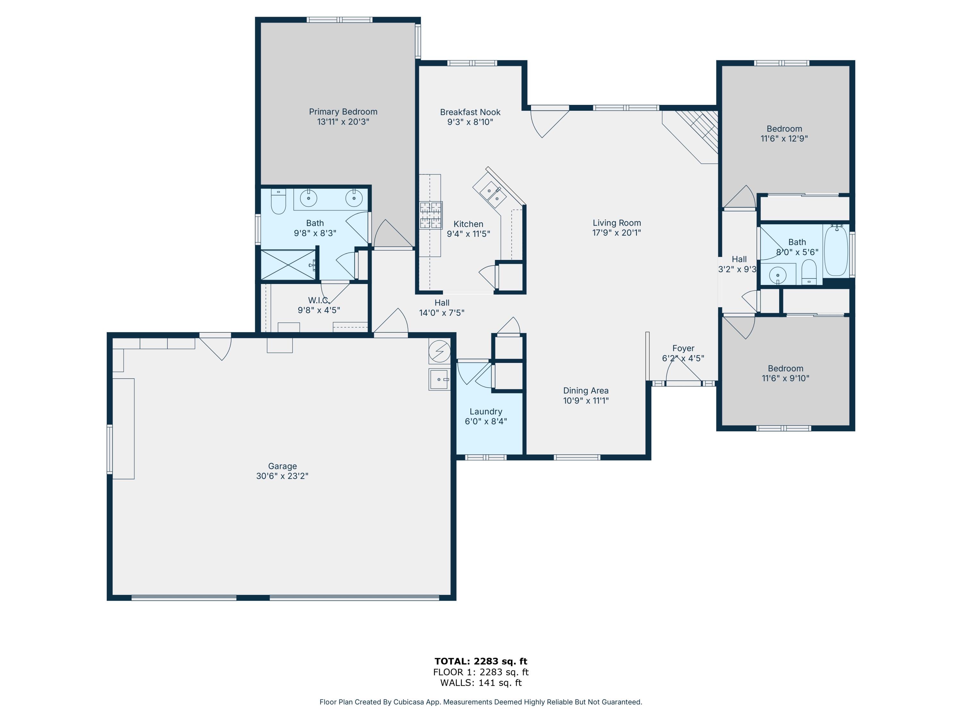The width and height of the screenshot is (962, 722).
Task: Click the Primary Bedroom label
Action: pos(343,112)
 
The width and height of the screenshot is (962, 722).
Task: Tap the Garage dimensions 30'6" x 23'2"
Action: pos(282,476)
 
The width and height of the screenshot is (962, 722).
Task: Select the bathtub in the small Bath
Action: pos(836,251)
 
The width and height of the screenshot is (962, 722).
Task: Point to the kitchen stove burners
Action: pos(431,215)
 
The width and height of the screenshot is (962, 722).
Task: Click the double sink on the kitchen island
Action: pos(493,194)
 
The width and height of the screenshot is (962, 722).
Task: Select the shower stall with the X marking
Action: pos(288,265)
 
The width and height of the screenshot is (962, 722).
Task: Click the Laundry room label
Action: pos(486,412)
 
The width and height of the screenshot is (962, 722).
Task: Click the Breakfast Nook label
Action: pos(470,112)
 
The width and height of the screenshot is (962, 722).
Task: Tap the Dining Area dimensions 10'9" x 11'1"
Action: pos(586,401)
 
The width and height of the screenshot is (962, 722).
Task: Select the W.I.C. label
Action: pos(318,300)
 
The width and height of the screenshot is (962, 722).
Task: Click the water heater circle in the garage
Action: pos(439,351)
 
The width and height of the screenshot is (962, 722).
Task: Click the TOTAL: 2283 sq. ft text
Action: pos(481,661)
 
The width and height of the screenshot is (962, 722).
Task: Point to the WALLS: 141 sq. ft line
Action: pos(481,683)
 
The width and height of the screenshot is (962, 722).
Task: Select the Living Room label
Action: pos(616,223)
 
